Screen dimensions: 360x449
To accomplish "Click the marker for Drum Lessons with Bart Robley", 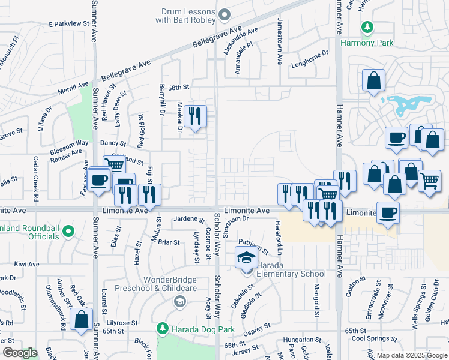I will point(224,14).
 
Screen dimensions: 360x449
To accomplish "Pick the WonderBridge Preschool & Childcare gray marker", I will point(179,302).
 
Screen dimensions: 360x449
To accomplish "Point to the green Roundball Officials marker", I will point(68,231).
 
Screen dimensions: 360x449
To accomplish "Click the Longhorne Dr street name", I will point(310,53).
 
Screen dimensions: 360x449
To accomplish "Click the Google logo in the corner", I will point(20,353).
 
